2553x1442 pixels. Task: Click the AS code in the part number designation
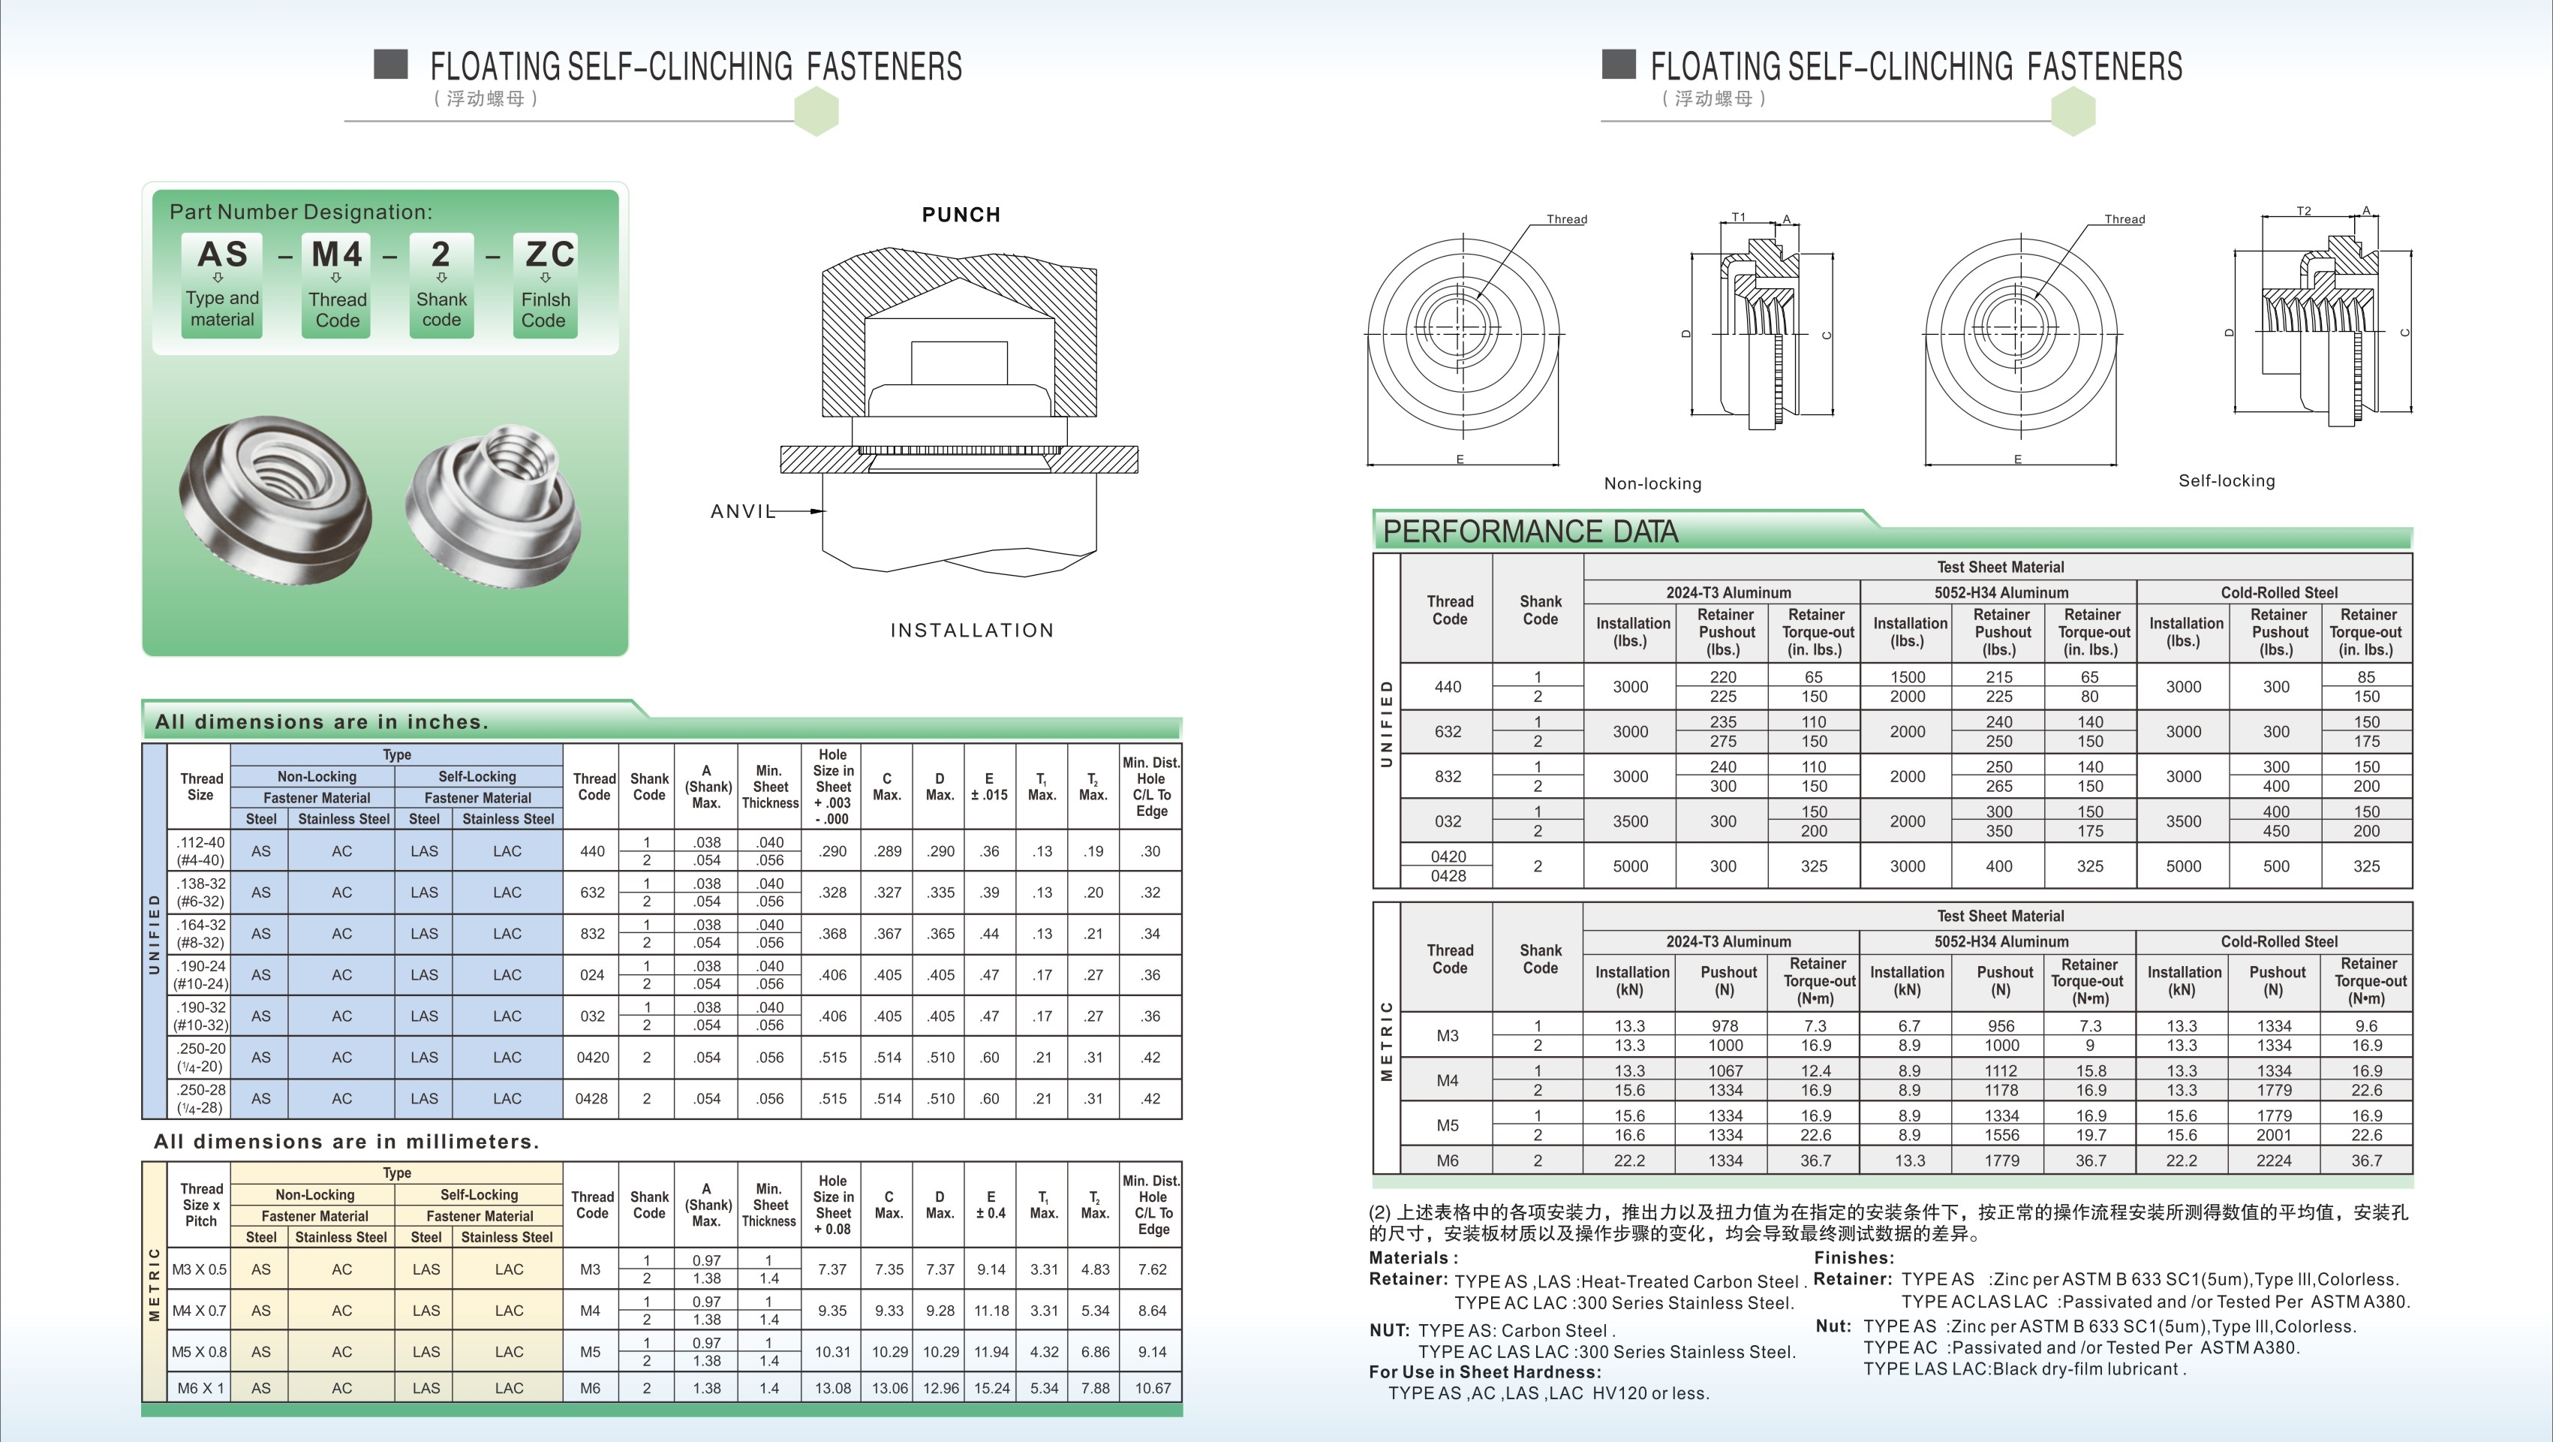(x=222, y=254)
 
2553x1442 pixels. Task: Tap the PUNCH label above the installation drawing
(x=961, y=215)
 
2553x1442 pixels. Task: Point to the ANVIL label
(x=742, y=511)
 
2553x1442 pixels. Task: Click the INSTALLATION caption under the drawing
(x=971, y=631)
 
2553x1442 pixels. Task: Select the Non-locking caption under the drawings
(x=1652, y=483)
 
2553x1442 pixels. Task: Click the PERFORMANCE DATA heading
(x=1529, y=532)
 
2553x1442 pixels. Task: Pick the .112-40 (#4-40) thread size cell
(x=200, y=851)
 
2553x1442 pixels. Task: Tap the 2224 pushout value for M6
(x=2274, y=1161)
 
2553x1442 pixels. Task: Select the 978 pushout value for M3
(x=1725, y=1025)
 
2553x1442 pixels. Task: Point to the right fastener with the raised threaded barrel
(x=495, y=501)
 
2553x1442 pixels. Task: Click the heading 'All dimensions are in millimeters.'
(x=346, y=1142)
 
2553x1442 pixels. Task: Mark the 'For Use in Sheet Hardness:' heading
(x=1484, y=1371)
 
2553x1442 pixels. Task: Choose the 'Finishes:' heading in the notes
(x=1854, y=1257)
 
